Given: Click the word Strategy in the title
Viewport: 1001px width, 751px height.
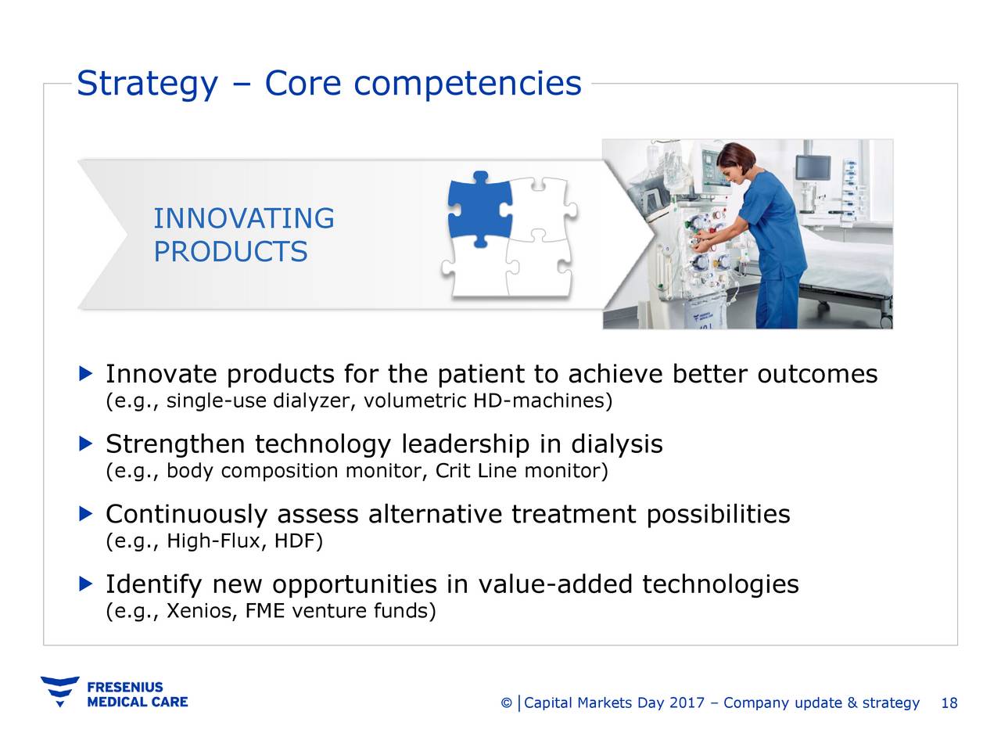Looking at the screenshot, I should tap(146, 84).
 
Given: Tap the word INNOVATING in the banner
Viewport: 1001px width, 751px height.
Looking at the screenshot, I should tap(243, 218).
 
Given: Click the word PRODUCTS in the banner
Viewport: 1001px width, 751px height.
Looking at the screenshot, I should tap(230, 252).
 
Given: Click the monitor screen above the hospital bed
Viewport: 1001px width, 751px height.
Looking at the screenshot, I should tap(814, 167).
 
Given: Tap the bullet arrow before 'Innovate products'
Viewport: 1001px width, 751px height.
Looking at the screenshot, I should tap(86, 373).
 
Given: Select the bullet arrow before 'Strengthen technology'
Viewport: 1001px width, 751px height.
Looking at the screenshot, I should tap(86, 444).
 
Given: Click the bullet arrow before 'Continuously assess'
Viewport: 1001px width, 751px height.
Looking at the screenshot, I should tap(86, 513).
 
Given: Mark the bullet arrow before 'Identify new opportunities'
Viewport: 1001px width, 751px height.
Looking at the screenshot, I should tap(86, 584).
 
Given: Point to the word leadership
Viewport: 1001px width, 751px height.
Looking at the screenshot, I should tap(465, 444).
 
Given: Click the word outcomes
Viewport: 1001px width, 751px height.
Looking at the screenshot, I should tap(817, 374).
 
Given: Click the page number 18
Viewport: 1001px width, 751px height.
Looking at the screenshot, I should tap(949, 702).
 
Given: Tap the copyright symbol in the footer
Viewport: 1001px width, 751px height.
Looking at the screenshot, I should tap(506, 703).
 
